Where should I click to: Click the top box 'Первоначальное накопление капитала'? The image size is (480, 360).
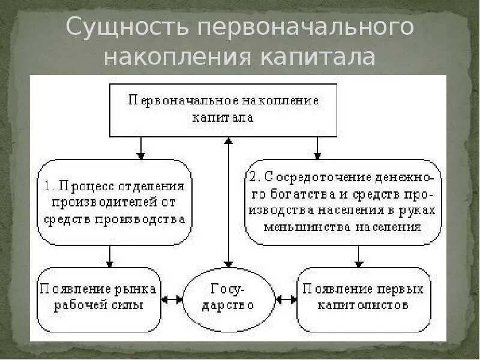[223, 109]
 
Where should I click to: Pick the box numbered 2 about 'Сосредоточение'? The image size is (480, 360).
[343, 202]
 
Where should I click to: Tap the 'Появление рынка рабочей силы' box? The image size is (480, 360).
[99, 298]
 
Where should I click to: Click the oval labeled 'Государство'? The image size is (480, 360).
[228, 298]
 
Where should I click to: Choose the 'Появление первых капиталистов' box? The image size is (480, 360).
[364, 298]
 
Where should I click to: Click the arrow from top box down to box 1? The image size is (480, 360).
[140, 148]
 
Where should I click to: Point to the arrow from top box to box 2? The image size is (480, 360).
[318, 148]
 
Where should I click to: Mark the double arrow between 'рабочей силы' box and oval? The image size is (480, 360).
[172, 298]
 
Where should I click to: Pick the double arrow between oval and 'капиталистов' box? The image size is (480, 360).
[286, 298]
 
